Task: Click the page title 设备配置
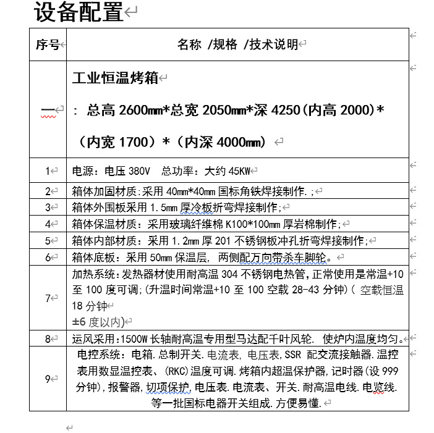79,13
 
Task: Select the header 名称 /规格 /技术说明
237,44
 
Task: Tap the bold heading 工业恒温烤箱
115,78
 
